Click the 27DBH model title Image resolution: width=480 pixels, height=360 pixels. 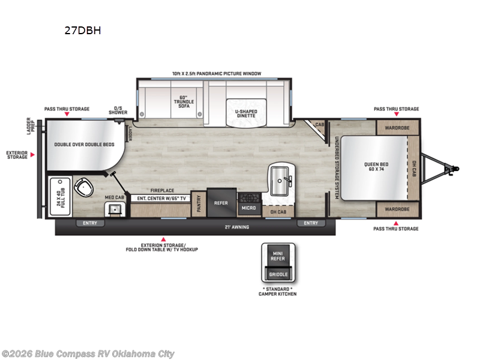pyautogui.click(x=82, y=31)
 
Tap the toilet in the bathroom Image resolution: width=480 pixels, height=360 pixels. pyautogui.click(x=83, y=188)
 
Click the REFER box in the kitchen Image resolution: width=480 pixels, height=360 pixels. pyautogui.click(x=221, y=203)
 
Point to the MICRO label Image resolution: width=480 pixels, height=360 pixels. pyautogui.click(x=248, y=208)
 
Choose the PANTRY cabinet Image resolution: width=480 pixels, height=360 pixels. pyautogui.click(x=199, y=203)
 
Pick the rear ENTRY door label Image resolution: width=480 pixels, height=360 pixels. pyautogui.click(x=90, y=223)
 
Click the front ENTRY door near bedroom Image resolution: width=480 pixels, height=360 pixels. pyautogui.click(x=311, y=223)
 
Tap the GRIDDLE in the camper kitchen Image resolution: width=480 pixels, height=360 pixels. pyautogui.click(x=278, y=274)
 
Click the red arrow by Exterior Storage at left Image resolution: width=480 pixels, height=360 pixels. pyautogui.click(x=33, y=155)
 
